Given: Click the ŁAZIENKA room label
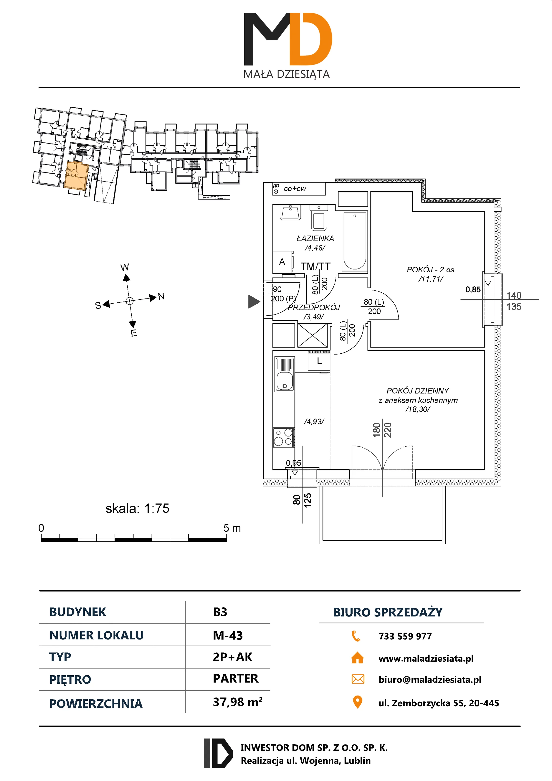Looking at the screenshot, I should pyautogui.click(x=315, y=238).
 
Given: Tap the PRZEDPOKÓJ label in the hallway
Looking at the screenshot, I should pyautogui.click(x=314, y=308).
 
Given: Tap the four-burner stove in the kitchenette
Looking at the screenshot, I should pyautogui.click(x=284, y=437).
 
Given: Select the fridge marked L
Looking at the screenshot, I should pyautogui.click(x=319, y=361).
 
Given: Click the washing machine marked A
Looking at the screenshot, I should pyautogui.click(x=282, y=262).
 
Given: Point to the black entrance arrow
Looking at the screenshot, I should pyautogui.click(x=254, y=301).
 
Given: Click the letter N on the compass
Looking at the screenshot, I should pyautogui.click(x=161, y=296).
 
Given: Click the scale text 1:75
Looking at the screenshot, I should pyautogui.click(x=156, y=509).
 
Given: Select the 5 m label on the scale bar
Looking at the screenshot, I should pyautogui.click(x=232, y=528).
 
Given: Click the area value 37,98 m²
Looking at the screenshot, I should pyautogui.click(x=237, y=702).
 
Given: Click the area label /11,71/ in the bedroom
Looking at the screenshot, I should pyautogui.click(x=430, y=279).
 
